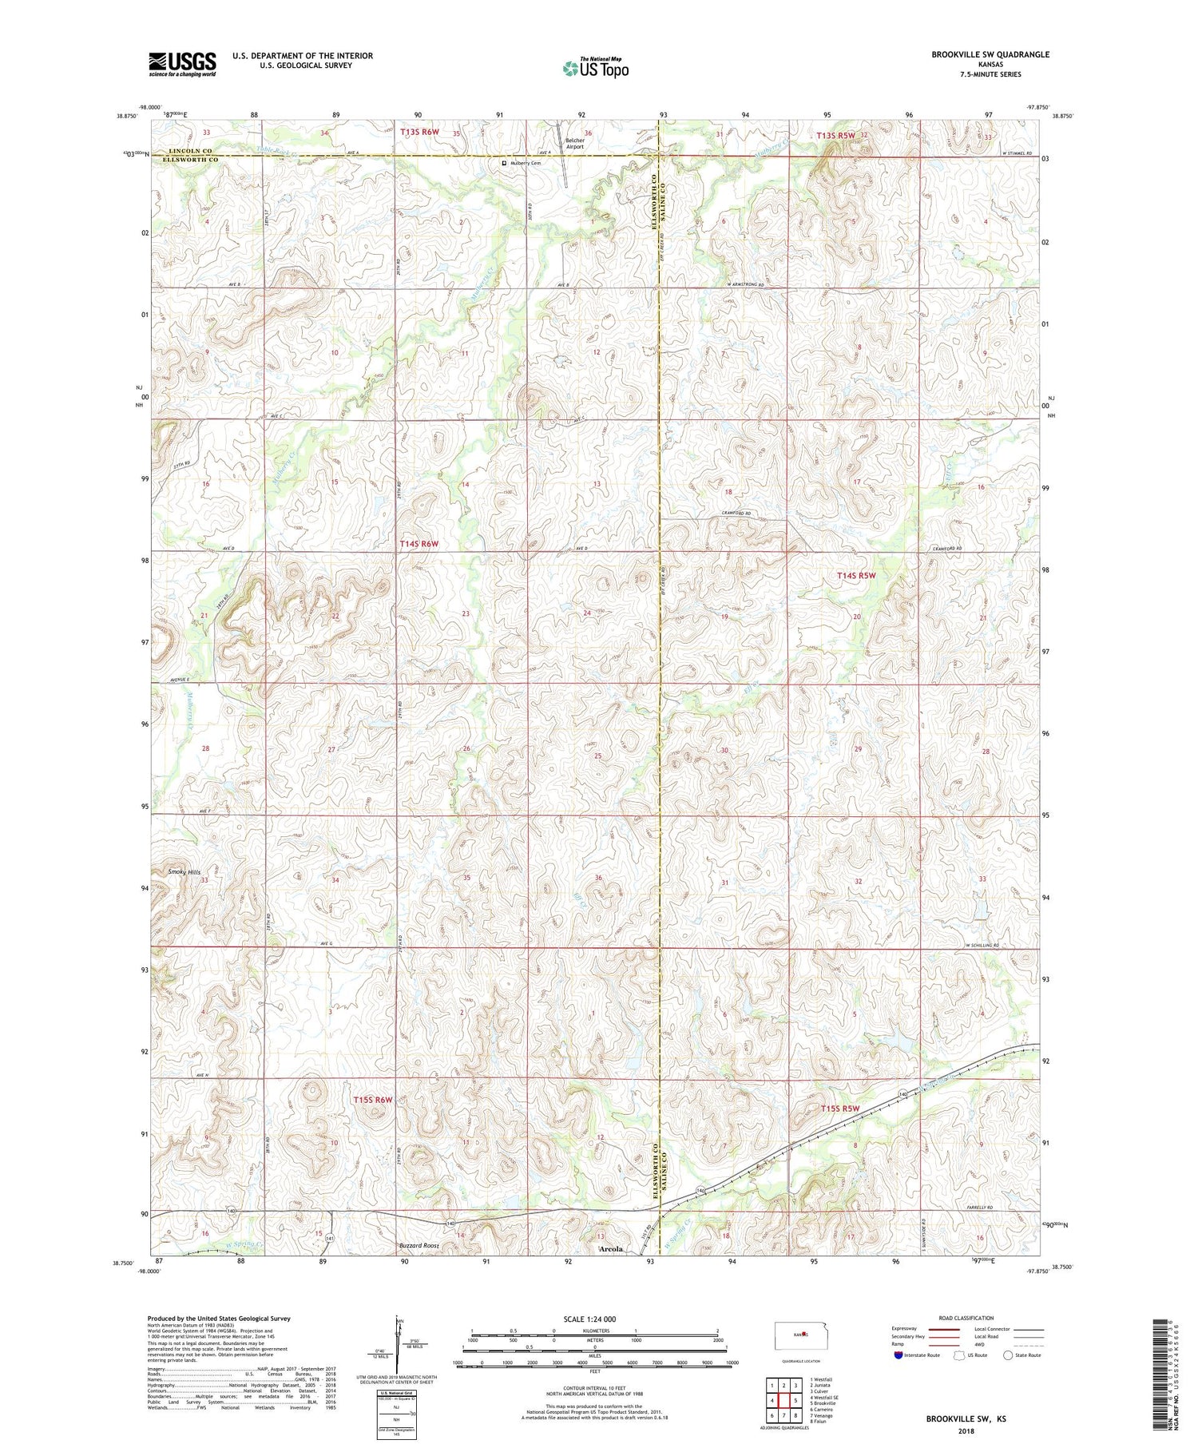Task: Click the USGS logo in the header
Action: click(x=182, y=64)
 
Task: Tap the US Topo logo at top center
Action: click(x=596, y=68)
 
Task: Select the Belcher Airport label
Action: click(x=575, y=144)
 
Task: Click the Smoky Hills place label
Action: click(x=184, y=872)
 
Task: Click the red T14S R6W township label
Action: click(x=419, y=544)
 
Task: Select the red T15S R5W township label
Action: click(x=840, y=1109)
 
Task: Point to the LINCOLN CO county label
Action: click(x=191, y=151)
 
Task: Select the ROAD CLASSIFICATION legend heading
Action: click(x=966, y=1318)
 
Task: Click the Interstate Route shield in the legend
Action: click(x=899, y=1355)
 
